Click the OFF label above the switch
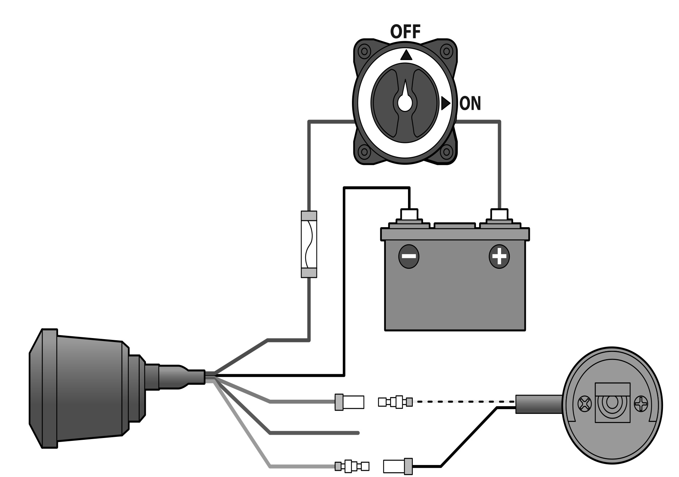pos(406,32)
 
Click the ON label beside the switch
pos(470,104)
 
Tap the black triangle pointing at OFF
pos(406,55)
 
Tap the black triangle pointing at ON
pos(445,103)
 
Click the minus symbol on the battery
pos(409,256)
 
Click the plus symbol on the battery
pos(499,256)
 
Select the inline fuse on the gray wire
pos(309,244)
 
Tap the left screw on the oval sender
pos(585,405)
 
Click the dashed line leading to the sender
pos(463,402)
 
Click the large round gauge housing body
pos(88,388)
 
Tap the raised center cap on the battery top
pos(455,226)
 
